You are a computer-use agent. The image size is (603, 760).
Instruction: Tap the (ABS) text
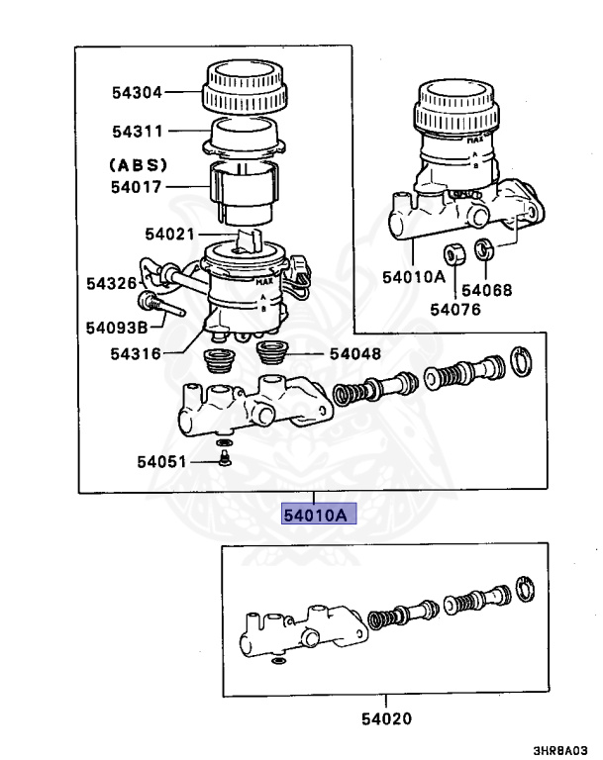(x=138, y=164)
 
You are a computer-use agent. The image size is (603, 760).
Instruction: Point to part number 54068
(x=487, y=291)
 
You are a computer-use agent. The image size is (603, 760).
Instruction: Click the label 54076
(x=454, y=310)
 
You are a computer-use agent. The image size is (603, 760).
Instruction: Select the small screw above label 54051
(x=225, y=456)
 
